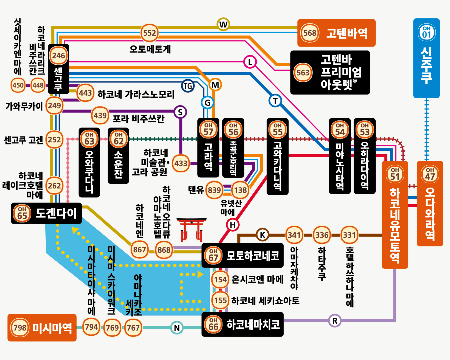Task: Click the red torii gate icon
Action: coord(191,229)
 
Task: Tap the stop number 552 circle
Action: coord(150,33)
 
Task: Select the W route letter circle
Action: coord(223,24)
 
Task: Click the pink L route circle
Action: coord(250,62)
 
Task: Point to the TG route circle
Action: coord(188,86)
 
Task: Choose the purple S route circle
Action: coord(180,112)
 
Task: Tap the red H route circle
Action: coord(233,225)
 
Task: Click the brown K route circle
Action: coord(262,235)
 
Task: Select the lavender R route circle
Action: coord(335,321)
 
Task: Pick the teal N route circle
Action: coord(177,328)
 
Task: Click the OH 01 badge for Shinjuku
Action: coord(426,32)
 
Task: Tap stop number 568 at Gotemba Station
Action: coord(310,33)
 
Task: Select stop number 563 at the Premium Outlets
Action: coord(303,73)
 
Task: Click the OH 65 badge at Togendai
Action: coord(22,213)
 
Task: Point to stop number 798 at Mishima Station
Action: coord(20,328)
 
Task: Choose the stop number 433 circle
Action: coord(181,163)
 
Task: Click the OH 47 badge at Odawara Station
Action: coord(430,174)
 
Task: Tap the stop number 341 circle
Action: coord(294,235)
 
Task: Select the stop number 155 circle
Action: coord(220,300)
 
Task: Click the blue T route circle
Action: coord(275,101)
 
